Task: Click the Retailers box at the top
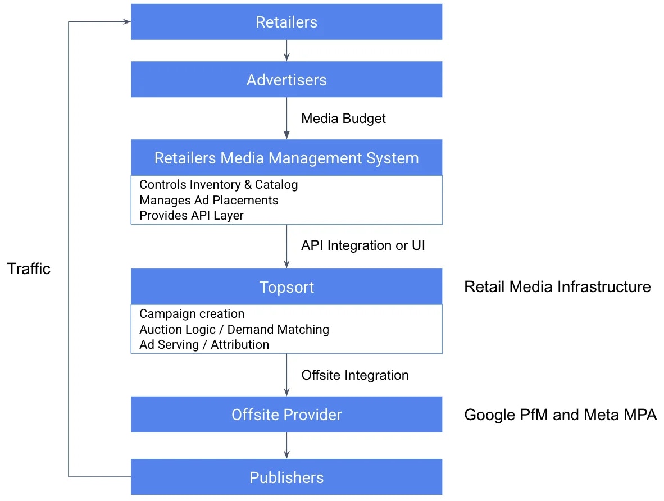(x=286, y=22)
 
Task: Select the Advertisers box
(x=286, y=80)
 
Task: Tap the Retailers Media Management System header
(x=286, y=158)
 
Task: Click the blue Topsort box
(x=286, y=287)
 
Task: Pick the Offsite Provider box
(x=286, y=415)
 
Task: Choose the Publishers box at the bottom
(x=286, y=477)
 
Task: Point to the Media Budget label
(x=343, y=119)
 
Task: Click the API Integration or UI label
(x=363, y=245)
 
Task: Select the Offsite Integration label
(x=355, y=375)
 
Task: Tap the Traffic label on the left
(x=29, y=268)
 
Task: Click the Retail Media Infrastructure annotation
(x=557, y=287)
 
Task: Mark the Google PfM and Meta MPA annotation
(x=560, y=415)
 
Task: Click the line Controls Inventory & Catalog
(x=219, y=184)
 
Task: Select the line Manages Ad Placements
(x=208, y=200)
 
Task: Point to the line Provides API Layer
(x=191, y=216)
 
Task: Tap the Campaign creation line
(x=192, y=313)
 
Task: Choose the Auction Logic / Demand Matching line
(x=234, y=329)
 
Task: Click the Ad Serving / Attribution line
(x=204, y=345)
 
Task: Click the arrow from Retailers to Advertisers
(x=286, y=51)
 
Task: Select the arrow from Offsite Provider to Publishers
(x=286, y=445)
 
